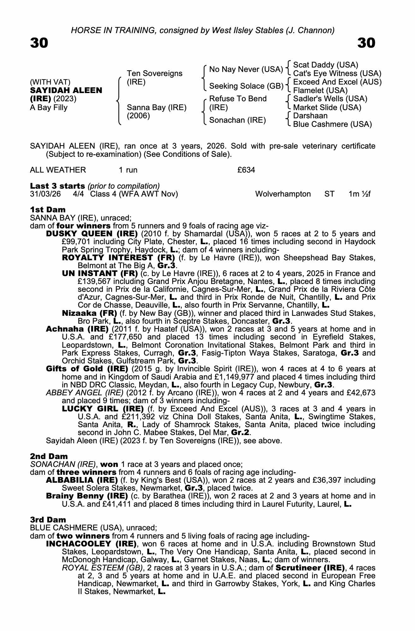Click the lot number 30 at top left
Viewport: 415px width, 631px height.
39,43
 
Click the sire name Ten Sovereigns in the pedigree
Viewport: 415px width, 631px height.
154,74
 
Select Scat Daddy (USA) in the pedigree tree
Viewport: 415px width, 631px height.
325,65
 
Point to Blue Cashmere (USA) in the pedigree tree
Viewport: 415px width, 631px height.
332,124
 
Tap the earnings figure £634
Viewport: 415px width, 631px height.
246,170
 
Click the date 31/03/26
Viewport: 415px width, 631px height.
45,194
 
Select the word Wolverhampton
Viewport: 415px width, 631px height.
283,194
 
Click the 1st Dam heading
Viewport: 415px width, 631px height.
48,209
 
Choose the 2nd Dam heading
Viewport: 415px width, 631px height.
49,456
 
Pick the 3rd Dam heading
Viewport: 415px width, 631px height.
48,520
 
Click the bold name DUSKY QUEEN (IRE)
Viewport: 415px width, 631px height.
92,234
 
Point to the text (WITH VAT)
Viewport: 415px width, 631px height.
50,82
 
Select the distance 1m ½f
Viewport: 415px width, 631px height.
359,194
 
